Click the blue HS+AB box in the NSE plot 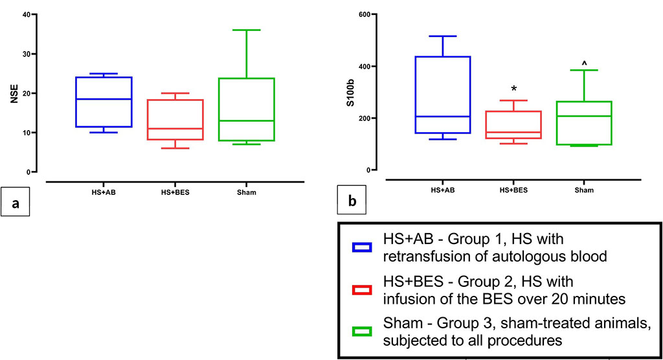click(x=104, y=102)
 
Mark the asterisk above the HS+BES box click(x=514, y=89)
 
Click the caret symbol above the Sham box click(x=584, y=63)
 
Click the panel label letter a click(x=15, y=204)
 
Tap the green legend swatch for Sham click(x=361, y=332)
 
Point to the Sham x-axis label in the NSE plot click(x=246, y=192)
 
